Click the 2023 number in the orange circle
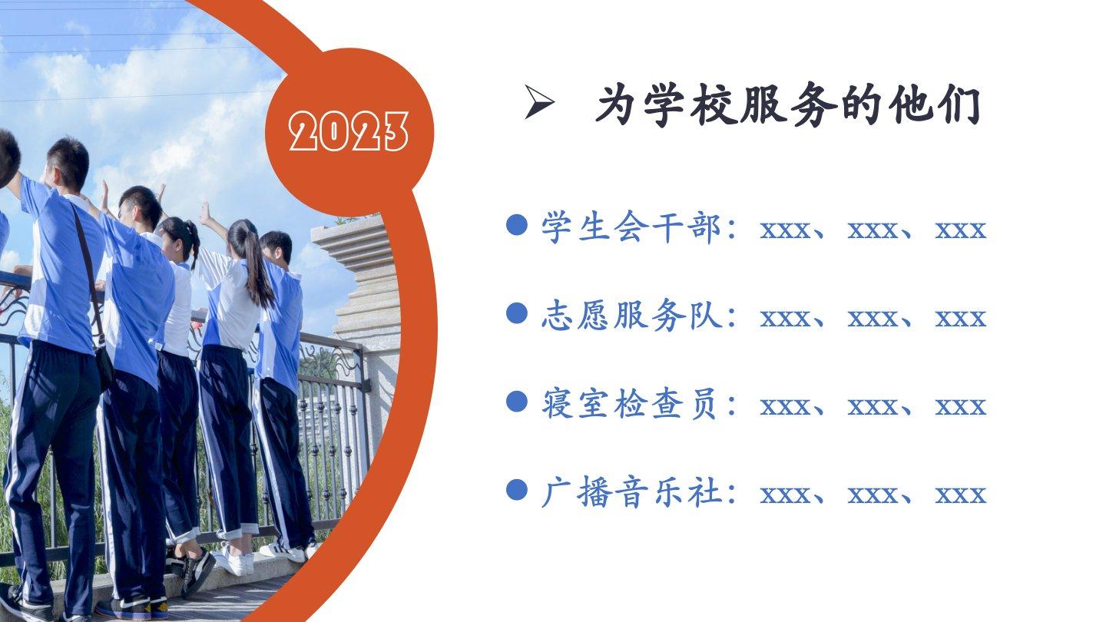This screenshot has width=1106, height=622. point(349,131)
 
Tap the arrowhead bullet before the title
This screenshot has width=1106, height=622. point(538,102)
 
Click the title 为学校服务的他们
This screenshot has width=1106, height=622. point(789,104)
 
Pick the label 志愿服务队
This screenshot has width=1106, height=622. point(631,315)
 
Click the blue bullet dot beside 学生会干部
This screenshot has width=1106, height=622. point(517,224)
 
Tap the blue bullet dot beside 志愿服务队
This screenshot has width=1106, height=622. point(517,313)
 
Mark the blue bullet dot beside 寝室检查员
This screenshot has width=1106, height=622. point(517,402)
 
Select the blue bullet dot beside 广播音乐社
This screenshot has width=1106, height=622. point(517,490)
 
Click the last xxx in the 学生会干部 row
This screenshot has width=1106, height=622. point(961,231)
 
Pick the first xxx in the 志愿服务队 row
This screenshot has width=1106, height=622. point(785,319)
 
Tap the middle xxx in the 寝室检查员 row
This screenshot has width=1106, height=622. point(873,408)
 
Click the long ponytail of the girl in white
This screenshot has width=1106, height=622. point(255,266)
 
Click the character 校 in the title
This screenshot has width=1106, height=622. point(714,104)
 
